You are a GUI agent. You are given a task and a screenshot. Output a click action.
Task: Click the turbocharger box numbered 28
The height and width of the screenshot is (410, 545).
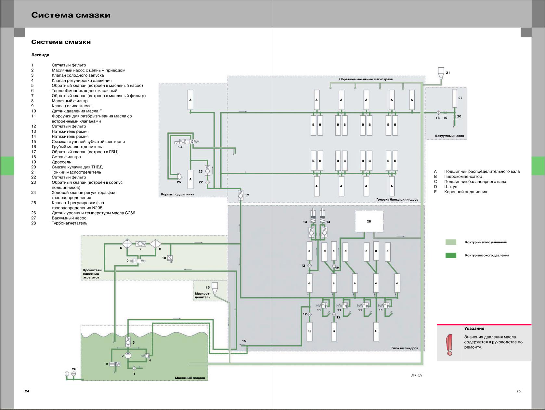pos(369,221)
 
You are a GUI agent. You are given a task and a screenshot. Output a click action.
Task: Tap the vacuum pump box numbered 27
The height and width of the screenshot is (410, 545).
pos(455,98)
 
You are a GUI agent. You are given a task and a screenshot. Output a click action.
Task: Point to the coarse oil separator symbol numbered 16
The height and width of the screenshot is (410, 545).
pos(214,287)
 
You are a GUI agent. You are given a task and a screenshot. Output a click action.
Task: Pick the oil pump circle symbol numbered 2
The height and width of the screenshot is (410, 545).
pos(128,355)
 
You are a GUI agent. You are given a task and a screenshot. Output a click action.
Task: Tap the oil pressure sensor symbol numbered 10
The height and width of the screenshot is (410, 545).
pos(170,258)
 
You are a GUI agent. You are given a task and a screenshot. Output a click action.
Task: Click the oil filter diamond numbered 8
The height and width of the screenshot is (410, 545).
pos(156,244)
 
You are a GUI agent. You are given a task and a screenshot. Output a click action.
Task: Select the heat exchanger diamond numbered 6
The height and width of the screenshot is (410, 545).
pos(127,244)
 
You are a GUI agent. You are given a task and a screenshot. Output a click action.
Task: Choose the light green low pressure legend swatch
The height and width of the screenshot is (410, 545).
pos(451,242)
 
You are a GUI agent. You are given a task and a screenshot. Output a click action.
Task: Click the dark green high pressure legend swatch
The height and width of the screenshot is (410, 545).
pos(451,256)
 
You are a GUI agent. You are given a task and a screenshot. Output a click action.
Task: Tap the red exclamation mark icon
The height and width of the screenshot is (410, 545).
pos(449,345)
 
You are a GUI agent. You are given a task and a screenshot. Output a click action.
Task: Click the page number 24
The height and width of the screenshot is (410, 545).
pos(27,391)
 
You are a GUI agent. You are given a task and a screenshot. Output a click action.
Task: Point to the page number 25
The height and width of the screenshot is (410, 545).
pos(518,391)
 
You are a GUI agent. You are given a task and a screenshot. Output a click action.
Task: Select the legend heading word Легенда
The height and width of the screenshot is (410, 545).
pos(40,55)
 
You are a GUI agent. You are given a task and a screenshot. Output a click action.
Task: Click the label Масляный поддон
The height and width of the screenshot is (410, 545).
pos(190,378)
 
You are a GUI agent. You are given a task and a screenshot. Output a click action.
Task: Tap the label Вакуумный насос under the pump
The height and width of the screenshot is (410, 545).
pos(449,136)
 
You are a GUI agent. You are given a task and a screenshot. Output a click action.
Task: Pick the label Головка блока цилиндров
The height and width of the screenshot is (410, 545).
pos(397,200)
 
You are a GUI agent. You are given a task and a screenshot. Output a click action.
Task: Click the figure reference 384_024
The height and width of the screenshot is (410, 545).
pos(417,376)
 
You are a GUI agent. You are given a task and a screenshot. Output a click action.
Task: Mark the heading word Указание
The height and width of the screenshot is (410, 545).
pos(474,328)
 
